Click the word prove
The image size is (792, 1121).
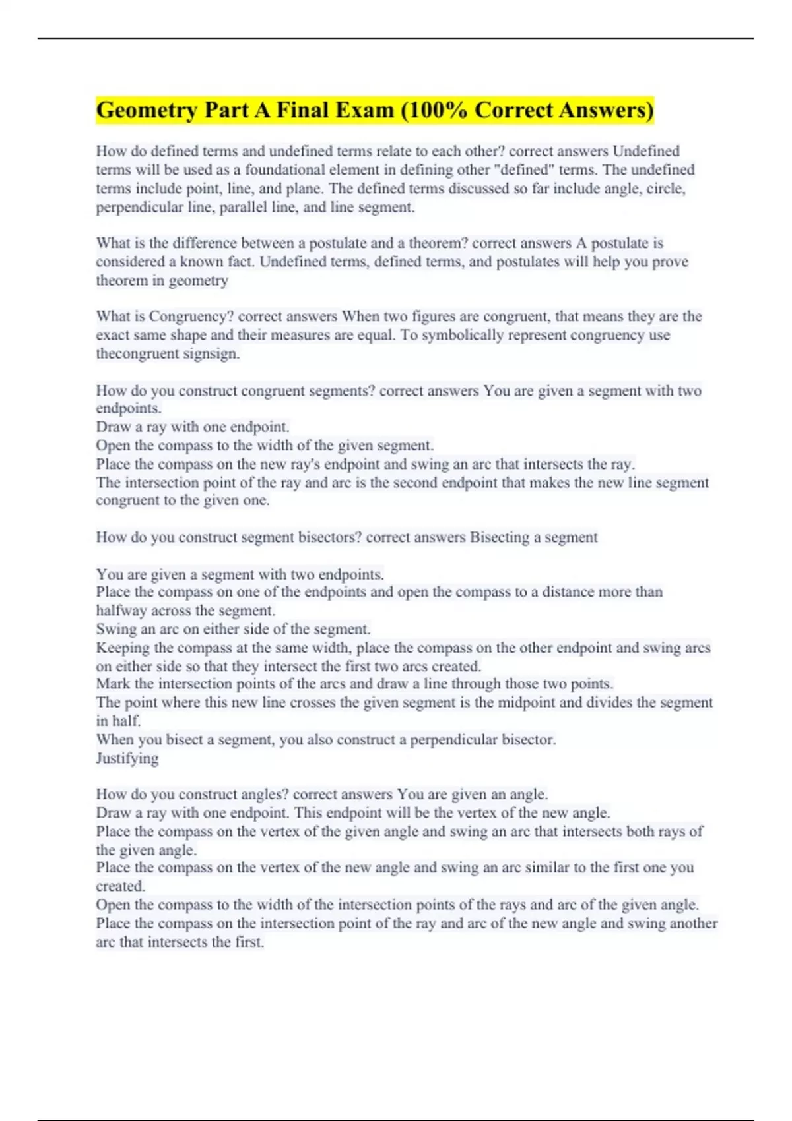click(670, 262)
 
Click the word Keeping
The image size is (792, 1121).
click(123, 648)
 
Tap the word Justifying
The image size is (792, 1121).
click(127, 758)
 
